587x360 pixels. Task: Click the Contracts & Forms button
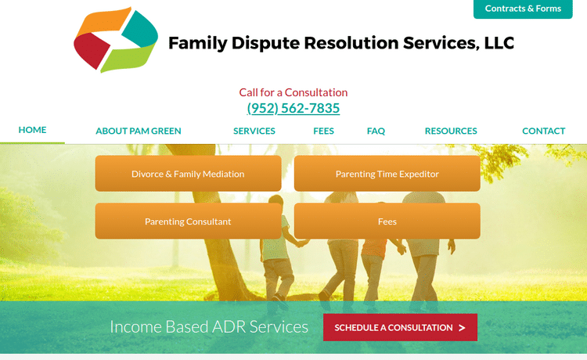[x=523, y=9]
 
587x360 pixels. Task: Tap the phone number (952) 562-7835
[x=293, y=108]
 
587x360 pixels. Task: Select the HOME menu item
[x=32, y=130]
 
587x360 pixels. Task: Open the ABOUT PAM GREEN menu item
[x=139, y=131]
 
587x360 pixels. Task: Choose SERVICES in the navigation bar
[x=254, y=131]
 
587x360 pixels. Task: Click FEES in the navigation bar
[x=323, y=131]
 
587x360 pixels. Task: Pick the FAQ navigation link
[x=376, y=131]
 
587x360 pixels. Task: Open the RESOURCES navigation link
[x=451, y=131]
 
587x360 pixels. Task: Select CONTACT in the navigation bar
[x=543, y=131]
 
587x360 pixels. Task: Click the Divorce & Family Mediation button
[x=188, y=174]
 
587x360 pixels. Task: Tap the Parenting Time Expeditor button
[x=387, y=174]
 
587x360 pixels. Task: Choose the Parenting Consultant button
[x=188, y=221]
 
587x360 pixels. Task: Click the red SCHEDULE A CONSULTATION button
[x=400, y=327]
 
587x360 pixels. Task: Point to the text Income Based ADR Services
[x=209, y=326]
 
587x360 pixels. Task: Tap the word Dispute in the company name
[x=260, y=43]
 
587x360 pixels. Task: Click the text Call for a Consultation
[x=293, y=92]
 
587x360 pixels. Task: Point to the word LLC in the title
[x=499, y=43]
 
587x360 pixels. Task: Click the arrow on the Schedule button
[x=462, y=328]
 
